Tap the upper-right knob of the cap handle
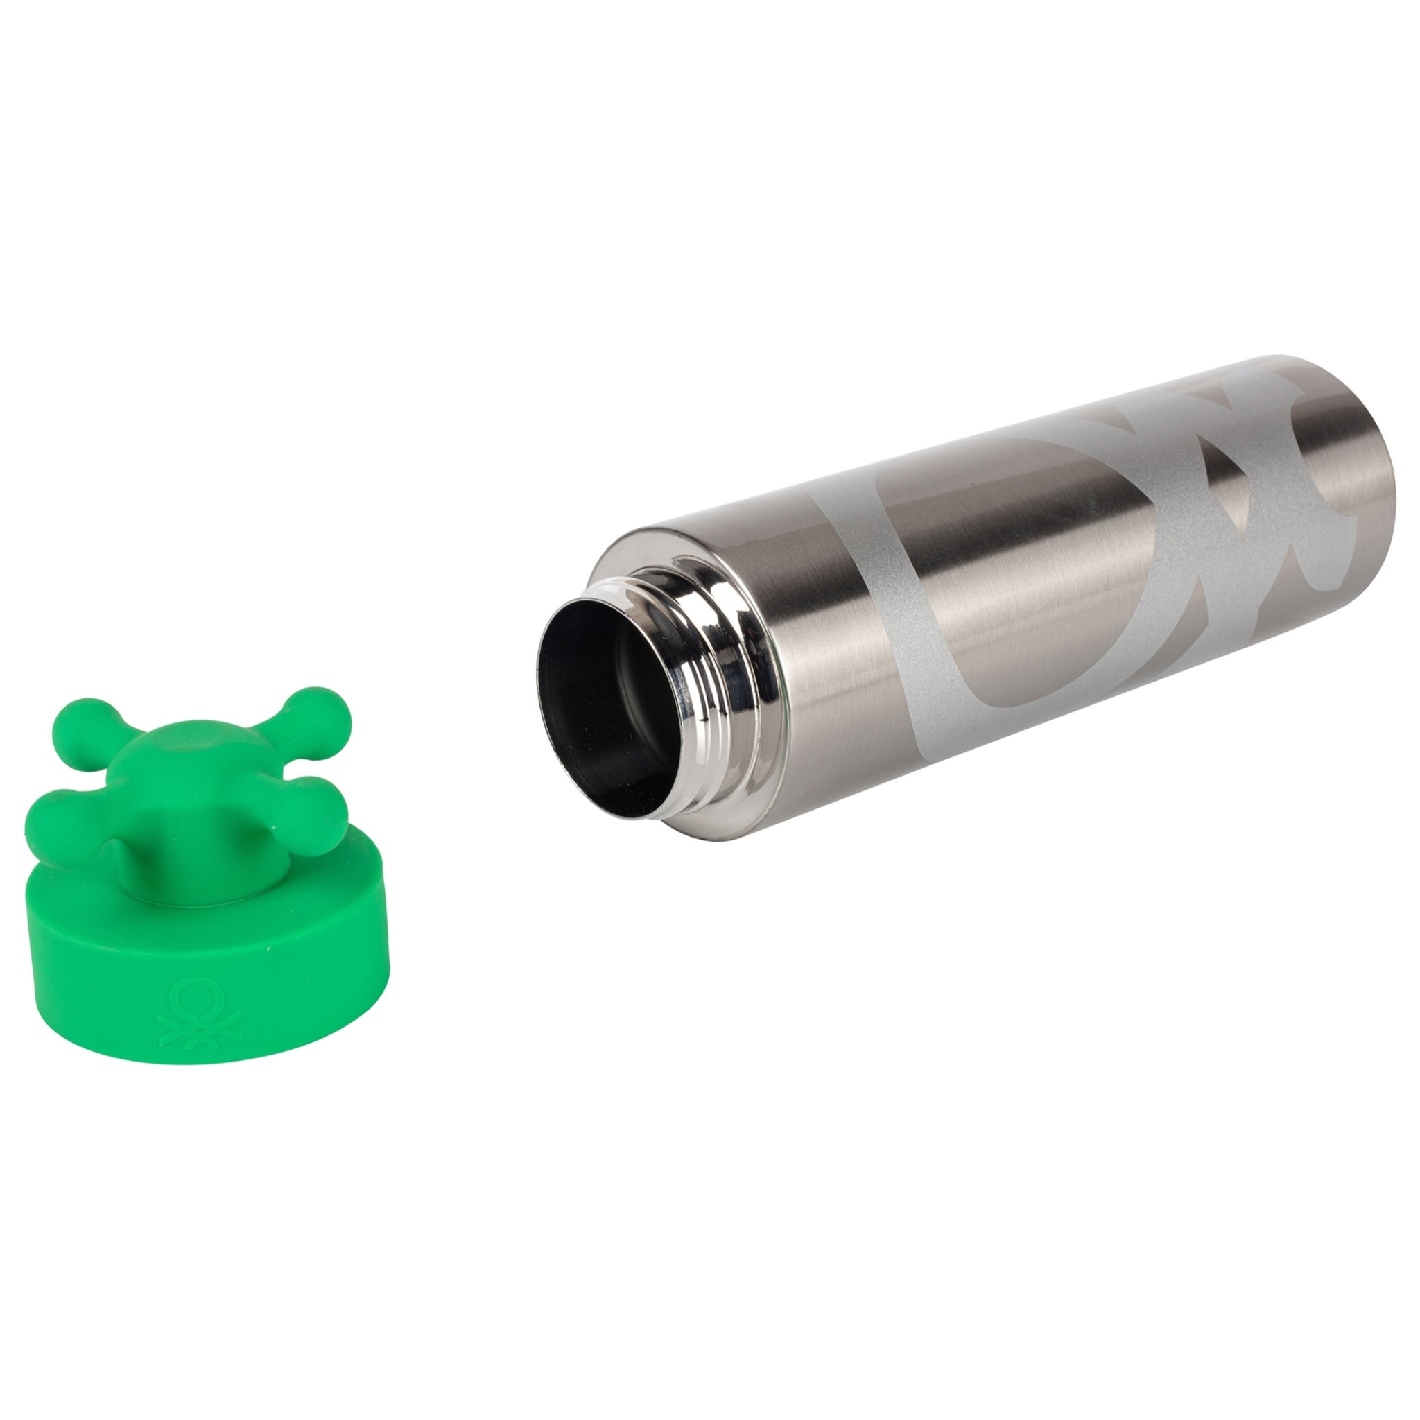tap(302, 711)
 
